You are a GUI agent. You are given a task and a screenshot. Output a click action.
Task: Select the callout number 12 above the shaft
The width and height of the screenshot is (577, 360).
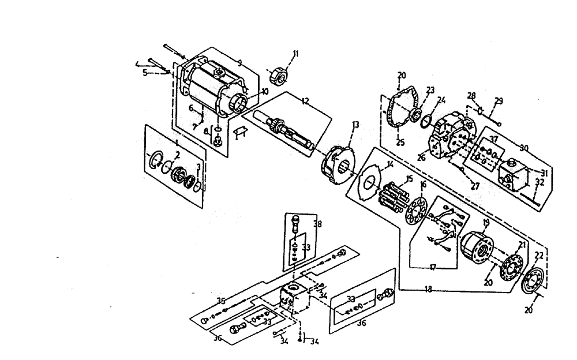point(305,102)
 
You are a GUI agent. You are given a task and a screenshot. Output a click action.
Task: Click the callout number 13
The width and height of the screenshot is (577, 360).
point(355,125)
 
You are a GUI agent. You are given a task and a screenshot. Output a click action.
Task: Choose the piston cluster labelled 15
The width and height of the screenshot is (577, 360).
point(394,196)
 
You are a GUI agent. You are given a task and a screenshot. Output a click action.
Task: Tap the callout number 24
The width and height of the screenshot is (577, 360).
point(441,99)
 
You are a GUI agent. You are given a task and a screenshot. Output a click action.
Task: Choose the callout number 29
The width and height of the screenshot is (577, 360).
point(499,101)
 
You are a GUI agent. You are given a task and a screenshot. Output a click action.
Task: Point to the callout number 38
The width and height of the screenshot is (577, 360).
point(317,224)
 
